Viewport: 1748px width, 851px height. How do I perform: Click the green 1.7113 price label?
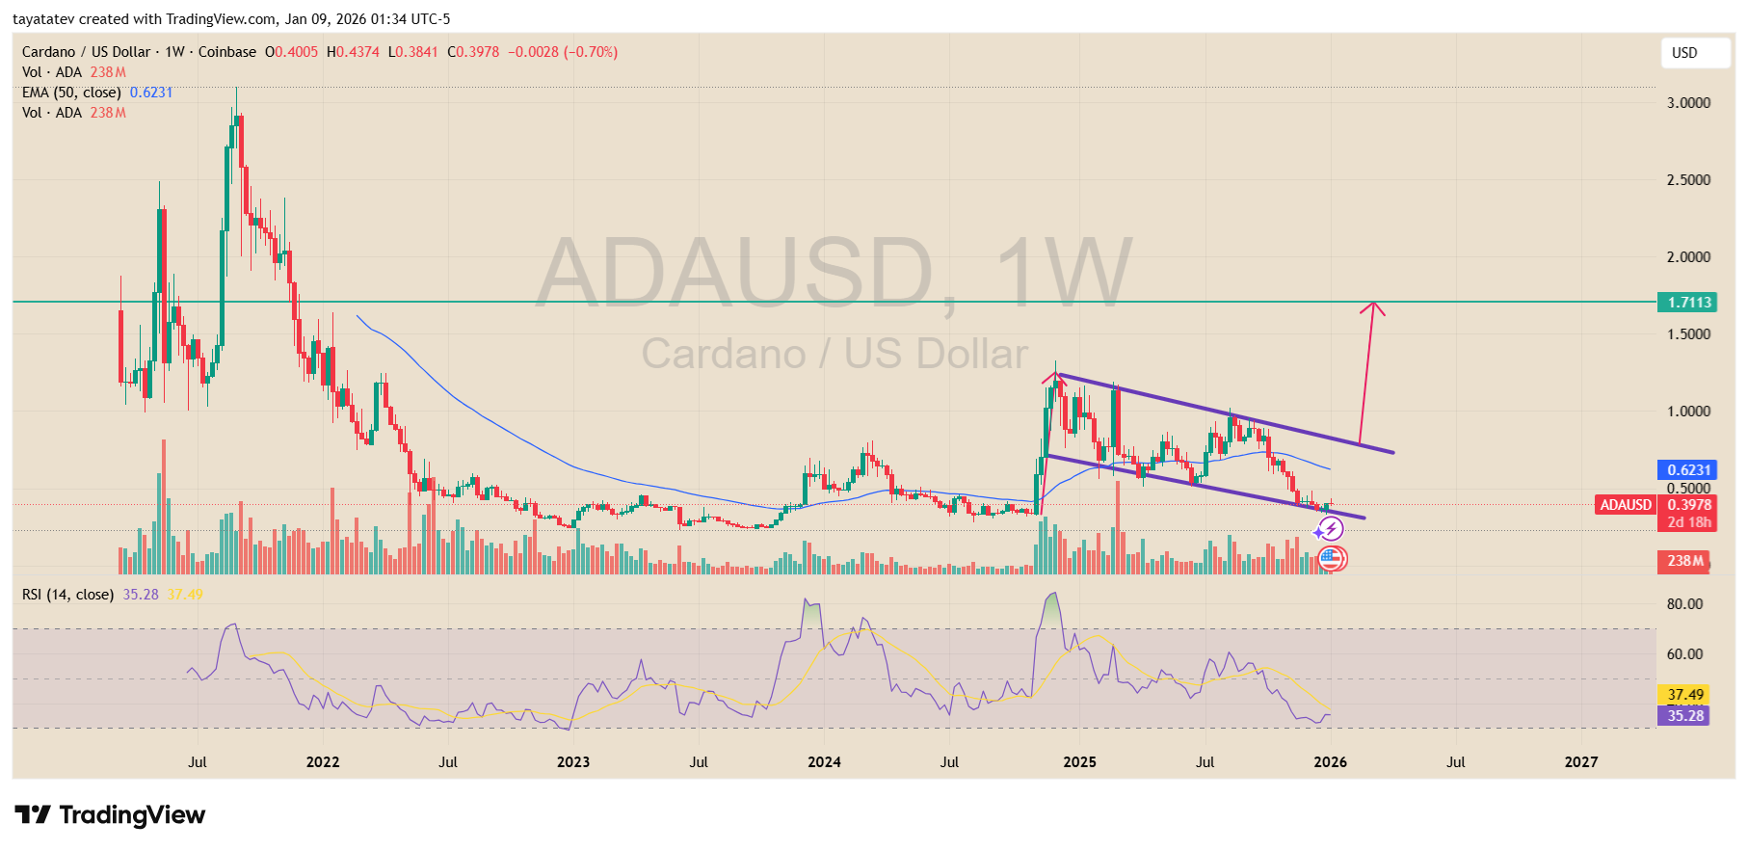[1689, 303]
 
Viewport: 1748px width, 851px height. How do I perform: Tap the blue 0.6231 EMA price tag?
[1688, 470]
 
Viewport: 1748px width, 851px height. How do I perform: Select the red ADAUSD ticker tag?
[1626, 505]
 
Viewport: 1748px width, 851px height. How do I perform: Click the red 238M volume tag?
[1684, 561]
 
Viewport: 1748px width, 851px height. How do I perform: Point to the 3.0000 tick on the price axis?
[1688, 103]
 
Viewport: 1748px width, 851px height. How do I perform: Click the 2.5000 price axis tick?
[1688, 180]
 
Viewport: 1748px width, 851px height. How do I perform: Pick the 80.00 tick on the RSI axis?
[1684, 604]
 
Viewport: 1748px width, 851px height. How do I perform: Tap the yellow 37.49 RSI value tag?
[1684, 695]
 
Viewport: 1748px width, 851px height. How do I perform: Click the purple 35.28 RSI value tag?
[1684, 716]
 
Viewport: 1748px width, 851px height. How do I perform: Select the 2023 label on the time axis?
[573, 762]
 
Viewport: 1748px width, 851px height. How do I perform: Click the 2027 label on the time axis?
[1580, 762]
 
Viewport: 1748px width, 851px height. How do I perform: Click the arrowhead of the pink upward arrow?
[1373, 308]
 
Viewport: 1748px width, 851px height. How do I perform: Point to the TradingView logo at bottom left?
[110, 815]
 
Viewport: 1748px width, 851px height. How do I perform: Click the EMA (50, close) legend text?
[71, 93]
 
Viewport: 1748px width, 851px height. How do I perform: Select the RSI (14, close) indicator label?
[67, 595]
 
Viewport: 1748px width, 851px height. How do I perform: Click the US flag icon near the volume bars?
[1331, 558]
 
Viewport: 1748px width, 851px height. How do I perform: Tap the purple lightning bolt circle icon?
[1331, 528]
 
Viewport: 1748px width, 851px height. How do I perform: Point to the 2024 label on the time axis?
[824, 762]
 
